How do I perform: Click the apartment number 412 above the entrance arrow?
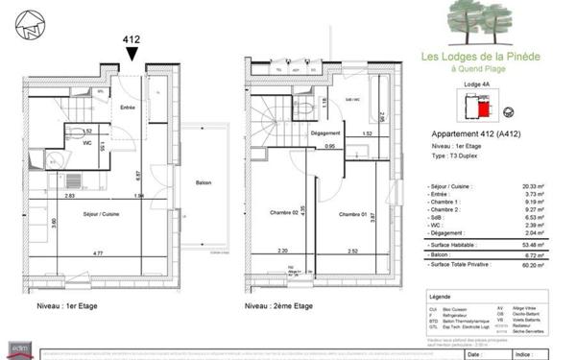131,40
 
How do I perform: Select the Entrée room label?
127,108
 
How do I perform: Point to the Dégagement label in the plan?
327,132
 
